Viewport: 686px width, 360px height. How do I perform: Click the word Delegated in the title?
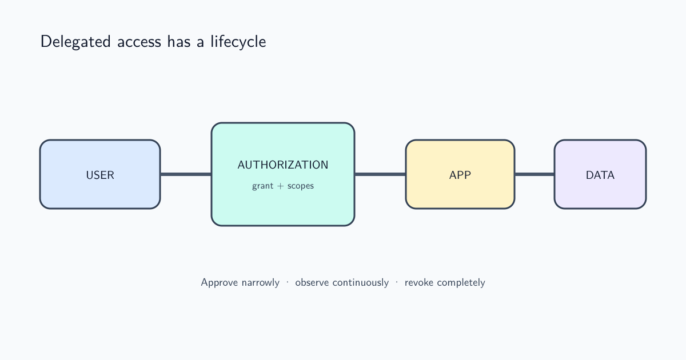point(75,42)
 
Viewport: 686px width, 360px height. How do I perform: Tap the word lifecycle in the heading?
point(238,42)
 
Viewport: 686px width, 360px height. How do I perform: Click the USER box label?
point(100,175)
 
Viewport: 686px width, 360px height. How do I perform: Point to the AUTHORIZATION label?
point(283,165)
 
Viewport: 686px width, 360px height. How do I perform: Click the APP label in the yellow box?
point(460,175)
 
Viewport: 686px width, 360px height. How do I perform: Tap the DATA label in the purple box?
point(600,175)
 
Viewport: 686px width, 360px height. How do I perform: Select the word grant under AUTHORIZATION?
point(263,186)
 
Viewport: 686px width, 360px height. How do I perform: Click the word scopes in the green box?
point(301,186)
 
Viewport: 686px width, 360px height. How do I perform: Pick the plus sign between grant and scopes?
point(280,186)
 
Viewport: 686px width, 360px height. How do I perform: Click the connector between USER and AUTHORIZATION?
point(186,174)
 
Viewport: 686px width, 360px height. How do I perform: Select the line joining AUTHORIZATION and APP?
point(380,174)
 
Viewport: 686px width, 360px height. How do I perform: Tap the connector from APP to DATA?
point(535,174)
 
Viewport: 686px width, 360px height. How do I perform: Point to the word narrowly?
point(260,283)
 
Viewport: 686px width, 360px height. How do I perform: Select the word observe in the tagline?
point(312,282)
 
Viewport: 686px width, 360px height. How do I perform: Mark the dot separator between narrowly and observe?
point(287,282)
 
